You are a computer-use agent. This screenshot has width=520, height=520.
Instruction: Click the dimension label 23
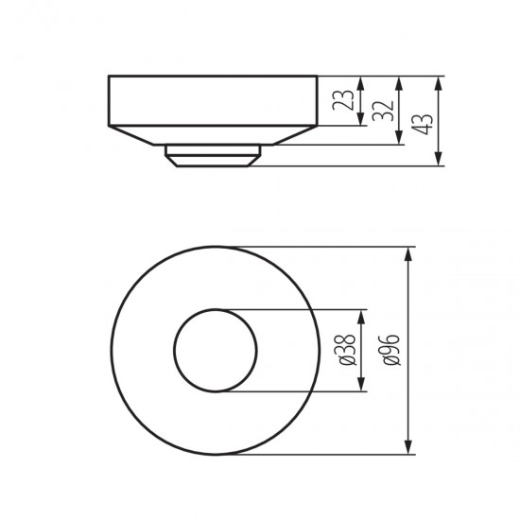click(x=343, y=100)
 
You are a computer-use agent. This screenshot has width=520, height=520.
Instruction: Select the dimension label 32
click(x=382, y=111)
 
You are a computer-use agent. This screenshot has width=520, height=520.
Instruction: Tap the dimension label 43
click(x=423, y=124)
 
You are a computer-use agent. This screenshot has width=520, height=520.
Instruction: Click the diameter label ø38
click(x=348, y=350)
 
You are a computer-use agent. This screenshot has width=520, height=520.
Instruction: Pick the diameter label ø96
click(x=391, y=350)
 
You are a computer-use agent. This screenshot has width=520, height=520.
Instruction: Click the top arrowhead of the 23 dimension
click(x=361, y=84)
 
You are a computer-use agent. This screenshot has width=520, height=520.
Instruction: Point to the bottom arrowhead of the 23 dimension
click(x=361, y=118)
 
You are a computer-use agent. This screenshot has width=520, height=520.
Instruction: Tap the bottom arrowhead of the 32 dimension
click(x=399, y=137)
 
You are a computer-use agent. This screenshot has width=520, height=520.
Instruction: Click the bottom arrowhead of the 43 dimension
click(x=439, y=158)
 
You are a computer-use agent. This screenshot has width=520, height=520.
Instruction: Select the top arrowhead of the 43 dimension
click(x=439, y=84)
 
